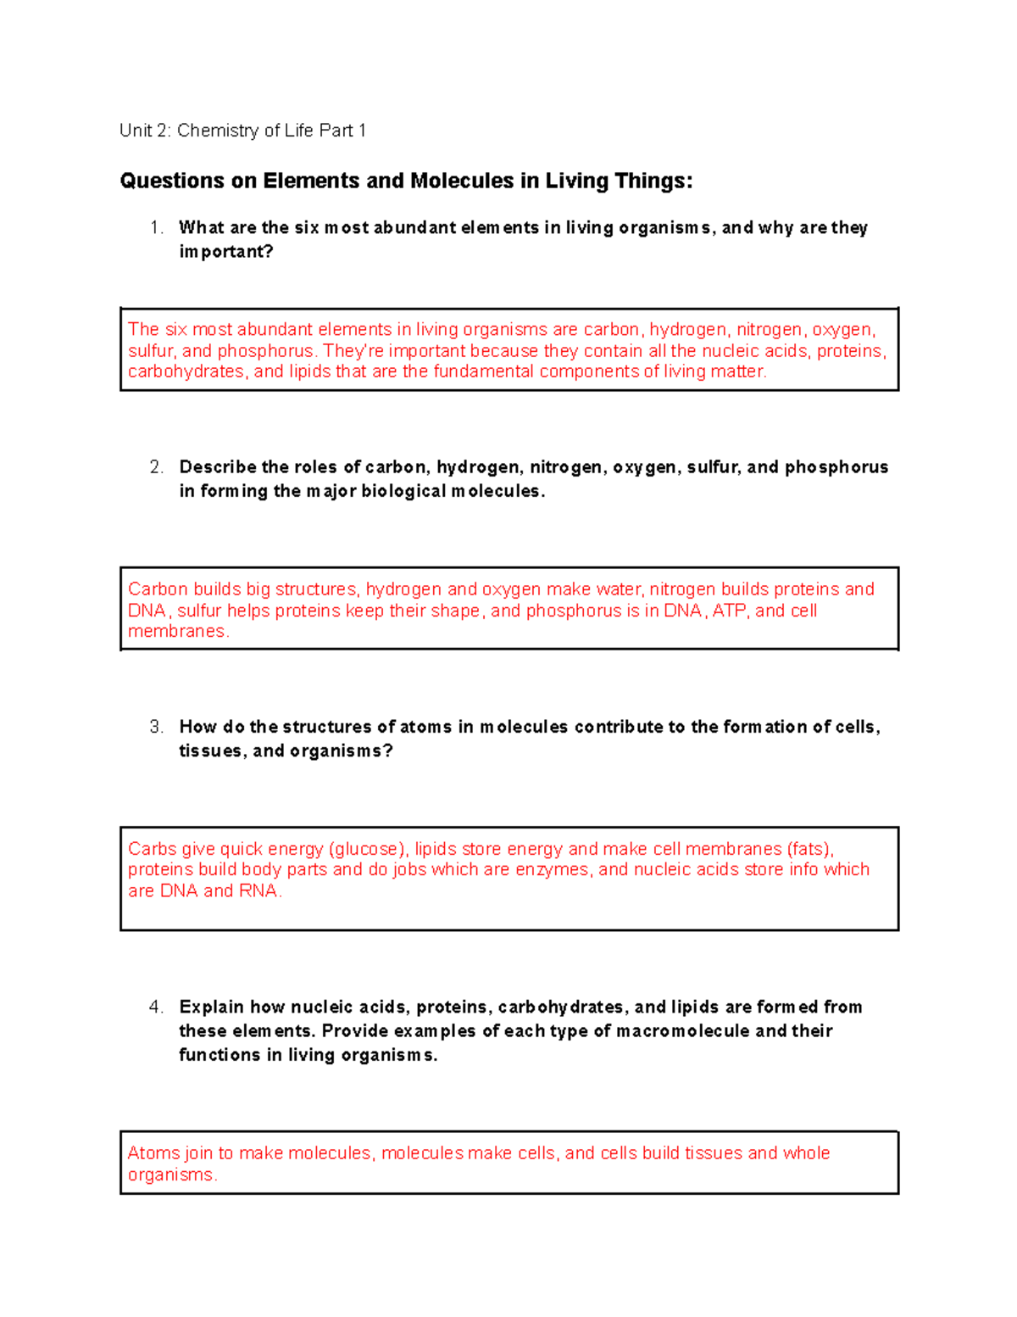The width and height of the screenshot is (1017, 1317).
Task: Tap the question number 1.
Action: tap(155, 227)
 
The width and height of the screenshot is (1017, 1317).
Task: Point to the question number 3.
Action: tap(155, 727)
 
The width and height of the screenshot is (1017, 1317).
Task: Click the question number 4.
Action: tap(155, 1007)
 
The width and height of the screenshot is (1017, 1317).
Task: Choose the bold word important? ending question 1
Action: tap(226, 252)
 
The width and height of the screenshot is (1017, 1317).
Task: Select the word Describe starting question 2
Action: tap(218, 467)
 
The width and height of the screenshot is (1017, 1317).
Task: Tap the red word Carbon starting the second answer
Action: tap(158, 589)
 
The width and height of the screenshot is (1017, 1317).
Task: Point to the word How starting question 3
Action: tap(198, 727)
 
